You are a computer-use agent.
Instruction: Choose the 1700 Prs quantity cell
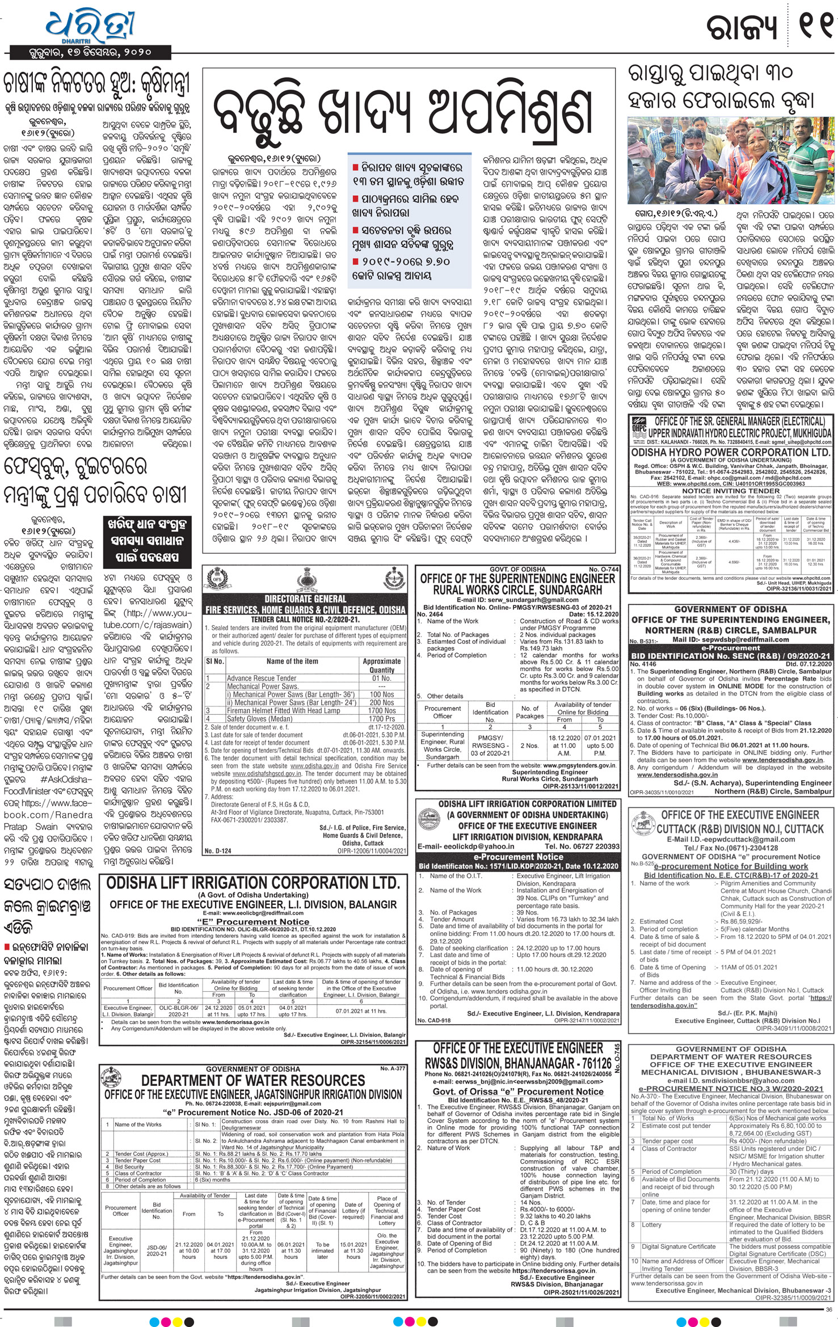coord(381,718)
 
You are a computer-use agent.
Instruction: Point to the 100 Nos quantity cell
coord(381,694)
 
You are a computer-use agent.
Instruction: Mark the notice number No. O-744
coord(603,569)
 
